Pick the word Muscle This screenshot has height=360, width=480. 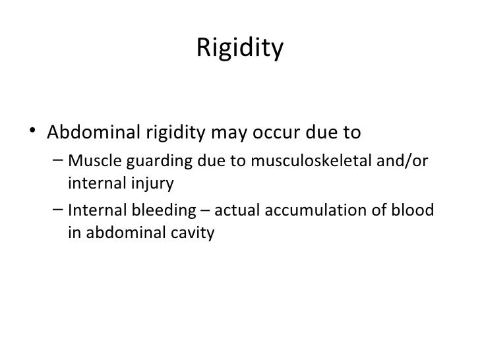(89, 160)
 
